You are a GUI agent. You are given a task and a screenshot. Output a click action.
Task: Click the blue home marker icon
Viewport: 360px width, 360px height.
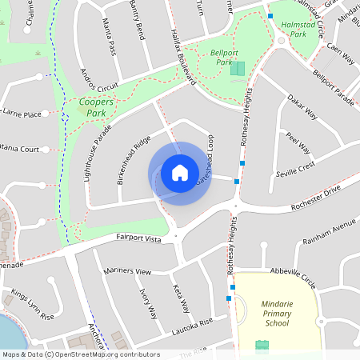tap(179, 173)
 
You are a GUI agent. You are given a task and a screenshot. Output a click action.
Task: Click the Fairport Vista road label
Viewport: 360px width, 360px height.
tap(139, 238)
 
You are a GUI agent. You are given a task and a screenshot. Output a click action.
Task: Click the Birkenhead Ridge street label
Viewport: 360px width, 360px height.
tap(133, 161)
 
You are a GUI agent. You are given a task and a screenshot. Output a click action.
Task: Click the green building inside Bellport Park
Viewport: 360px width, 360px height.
tap(238, 69)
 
